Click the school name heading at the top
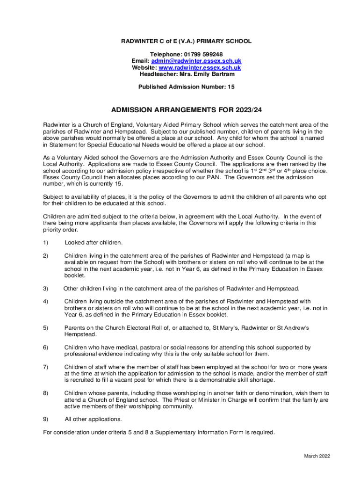pyautogui.click(x=187, y=41)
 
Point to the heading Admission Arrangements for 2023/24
pyautogui.click(x=187, y=110)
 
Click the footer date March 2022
pyautogui.click(x=317, y=456)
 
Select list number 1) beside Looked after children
pyautogui.click(x=45, y=242)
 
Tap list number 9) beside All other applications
pyautogui.click(x=45, y=419)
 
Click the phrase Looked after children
pyautogui.click(x=94, y=242)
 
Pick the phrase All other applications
pyautogui.click(x=93, y=419)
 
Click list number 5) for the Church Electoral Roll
pyautogui.click(x=45, y=328)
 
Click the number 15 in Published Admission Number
pyautogui.click(x=231, y=87)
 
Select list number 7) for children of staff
pyautogui.click(x=45, y=367)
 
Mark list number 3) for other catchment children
pyautogui.click(x=45, y=288)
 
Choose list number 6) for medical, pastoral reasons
pyautogui.click(x=45, y=348)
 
